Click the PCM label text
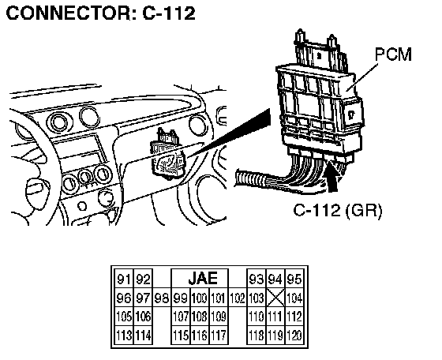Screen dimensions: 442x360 click(x=393, y=54)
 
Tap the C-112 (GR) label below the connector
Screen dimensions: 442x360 click(x=338, y=210)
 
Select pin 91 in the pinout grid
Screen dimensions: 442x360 click(x=124, y=279)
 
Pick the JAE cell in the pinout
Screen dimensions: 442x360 click(x=203, y=278)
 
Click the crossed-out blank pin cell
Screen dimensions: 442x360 click(x=275, y=298)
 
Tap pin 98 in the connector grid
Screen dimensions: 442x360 click(x=162, y=298)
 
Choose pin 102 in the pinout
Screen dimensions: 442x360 click(x=238, y=298)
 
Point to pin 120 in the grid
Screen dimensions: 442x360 click(x=294, y=336)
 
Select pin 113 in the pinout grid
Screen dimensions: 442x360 click(x=124, y=336)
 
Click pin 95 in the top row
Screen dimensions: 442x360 click(x=294, y=279)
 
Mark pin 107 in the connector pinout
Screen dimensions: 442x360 click(x=181, y=317)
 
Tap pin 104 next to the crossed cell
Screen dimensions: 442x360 click(x=294, y=298)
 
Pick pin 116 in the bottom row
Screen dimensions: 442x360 click(x=200, y=336)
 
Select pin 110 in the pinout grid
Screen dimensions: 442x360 click(x=257, y=317)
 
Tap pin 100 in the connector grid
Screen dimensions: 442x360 click(x=200, y=298)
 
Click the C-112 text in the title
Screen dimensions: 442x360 click(x=169, y=13)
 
